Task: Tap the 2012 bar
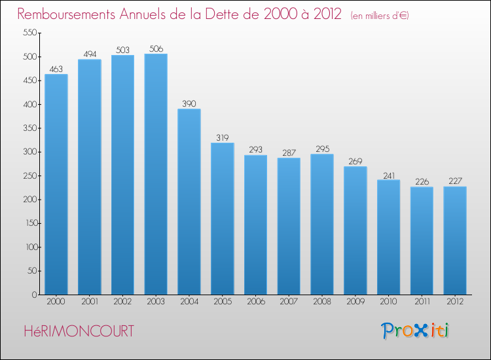[x=455, y=240]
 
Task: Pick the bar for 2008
[x=322, y=224]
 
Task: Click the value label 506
[x=156, y=47]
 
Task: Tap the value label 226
[x=422, y=181]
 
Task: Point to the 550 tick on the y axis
[x=29, y=33]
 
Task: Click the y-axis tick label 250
[x=29, y=175]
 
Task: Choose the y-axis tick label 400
[x=29, y=104]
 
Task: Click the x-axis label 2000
[x=56, y=303]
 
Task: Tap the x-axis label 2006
[x=255, y=303]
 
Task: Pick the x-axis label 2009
[x=355, y=303]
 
